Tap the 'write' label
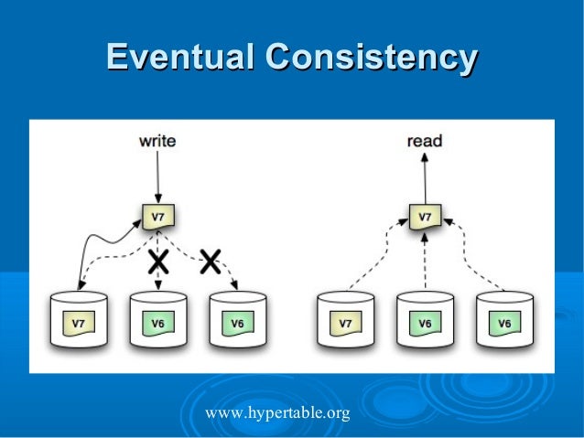click(x=157, y=141)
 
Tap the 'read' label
click(x=424, y=141)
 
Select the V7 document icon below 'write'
click(x=157, y=217)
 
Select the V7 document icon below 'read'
click(x=424, y=217)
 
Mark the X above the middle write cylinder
click(x=158, y=262)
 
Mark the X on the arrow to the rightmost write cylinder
click(x=210, y=262)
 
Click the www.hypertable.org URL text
click(x=277, y=414)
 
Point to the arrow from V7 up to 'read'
click(x=424, y=178)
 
